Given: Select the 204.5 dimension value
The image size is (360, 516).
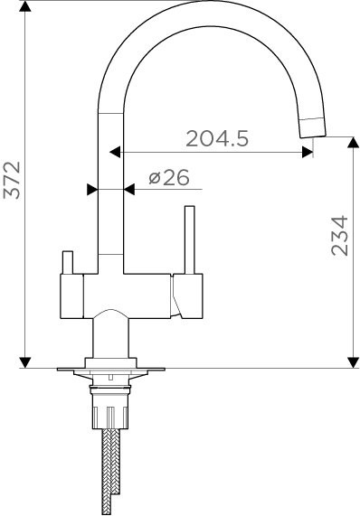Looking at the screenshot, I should (x=217, y=138).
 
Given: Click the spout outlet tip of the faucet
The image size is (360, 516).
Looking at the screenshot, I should (x=311, y=127).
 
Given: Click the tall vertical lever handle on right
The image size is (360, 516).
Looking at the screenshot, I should (x=190, y=239).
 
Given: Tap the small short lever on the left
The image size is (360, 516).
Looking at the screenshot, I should (x=66, y=263).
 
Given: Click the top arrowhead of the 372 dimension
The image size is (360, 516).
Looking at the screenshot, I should (x=27, y=7).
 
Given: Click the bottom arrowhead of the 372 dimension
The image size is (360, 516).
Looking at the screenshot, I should (x=27, y=362).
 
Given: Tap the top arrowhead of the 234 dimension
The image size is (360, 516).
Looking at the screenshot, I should (x=350, y=142).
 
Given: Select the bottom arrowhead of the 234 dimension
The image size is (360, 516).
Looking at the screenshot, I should (x=350, y=362).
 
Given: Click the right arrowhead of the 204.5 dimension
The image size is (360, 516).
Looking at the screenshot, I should (x=308, y=152).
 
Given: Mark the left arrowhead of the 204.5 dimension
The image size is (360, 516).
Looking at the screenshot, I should (x=115, y=152).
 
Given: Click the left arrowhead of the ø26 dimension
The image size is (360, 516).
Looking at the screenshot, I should (x=92, y=190).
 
